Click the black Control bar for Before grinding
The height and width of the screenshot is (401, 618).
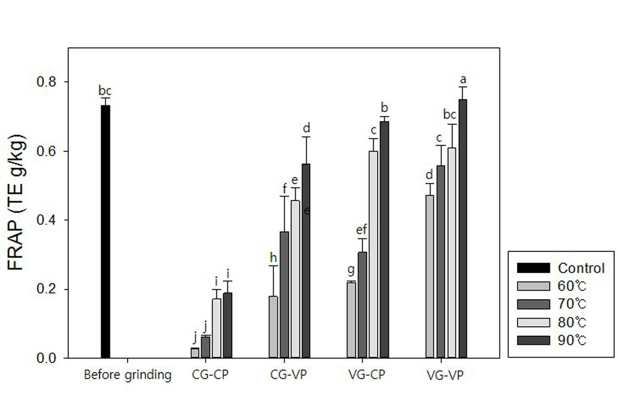(105, 231)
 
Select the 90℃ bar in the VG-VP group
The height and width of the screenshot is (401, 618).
(462, 228)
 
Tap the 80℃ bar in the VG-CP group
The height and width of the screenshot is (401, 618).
(373, 255)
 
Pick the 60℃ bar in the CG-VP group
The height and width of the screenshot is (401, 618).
(273, 327)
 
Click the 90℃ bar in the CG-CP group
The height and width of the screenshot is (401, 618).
(228, 325)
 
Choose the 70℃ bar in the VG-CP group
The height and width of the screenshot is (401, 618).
(362, 305)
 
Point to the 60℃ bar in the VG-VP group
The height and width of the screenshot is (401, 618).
(430, 276)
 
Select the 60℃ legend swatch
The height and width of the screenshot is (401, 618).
(533, 286)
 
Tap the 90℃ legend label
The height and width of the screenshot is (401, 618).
(572, 341)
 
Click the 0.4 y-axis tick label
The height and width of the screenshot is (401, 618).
(46, 220)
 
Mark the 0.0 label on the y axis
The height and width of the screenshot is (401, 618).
(46, 358)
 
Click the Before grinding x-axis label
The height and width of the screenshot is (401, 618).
(127, 375)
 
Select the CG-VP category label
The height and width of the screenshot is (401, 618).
(288, 375)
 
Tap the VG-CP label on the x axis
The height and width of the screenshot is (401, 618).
(366, 375)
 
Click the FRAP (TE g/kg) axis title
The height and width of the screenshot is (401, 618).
(16, 203)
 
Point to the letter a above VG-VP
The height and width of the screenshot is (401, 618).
(463, 79)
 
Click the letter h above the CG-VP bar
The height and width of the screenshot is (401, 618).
(273, 257)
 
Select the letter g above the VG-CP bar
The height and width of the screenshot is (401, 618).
(351, 270)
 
